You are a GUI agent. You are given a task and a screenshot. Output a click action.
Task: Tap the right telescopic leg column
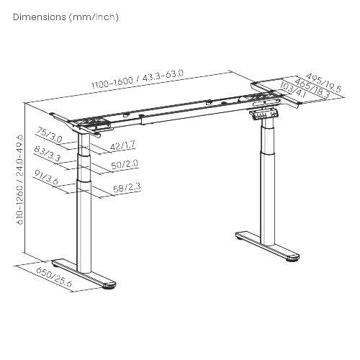tap(269, 180)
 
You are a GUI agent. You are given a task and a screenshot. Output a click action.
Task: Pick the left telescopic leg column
tap(84, 209)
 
